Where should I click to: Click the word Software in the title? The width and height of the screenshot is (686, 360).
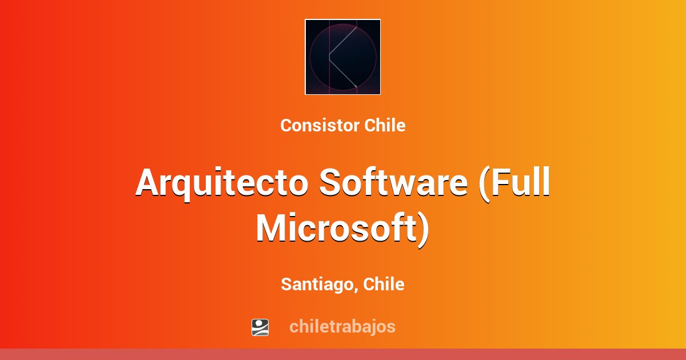click(393, 183)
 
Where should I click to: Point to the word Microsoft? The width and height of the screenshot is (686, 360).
click(337, 229)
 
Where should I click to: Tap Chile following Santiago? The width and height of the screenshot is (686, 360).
click(384, 284)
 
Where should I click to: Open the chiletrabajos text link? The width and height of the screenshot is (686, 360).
click(342, 327)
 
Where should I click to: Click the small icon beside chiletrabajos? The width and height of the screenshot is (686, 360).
click(260, 327)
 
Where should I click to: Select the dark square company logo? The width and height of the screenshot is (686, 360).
click(342, 57)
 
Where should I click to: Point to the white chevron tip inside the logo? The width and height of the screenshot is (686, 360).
click(330, 57)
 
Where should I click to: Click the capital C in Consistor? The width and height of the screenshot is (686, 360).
click(286, 126)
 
